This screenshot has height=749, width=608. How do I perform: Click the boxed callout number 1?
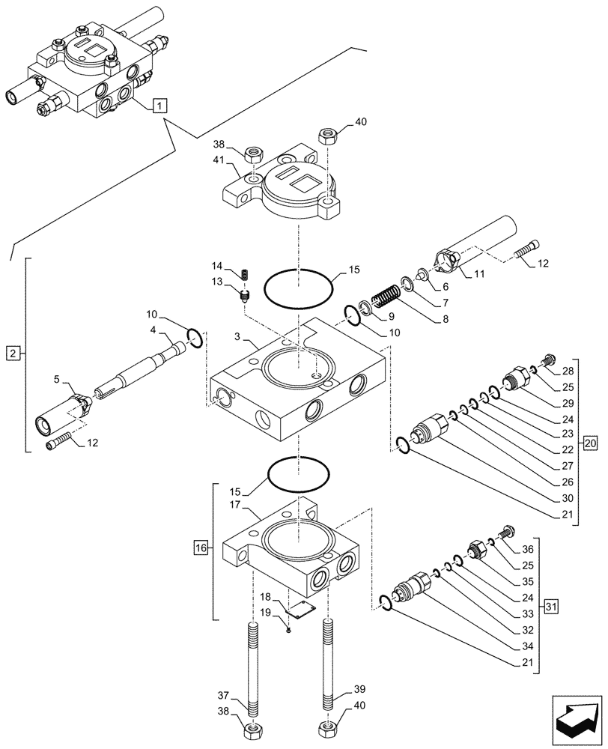[159, 105]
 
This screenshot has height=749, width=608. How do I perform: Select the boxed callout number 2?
[13, 351]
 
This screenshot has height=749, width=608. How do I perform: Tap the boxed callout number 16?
[200, 550]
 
